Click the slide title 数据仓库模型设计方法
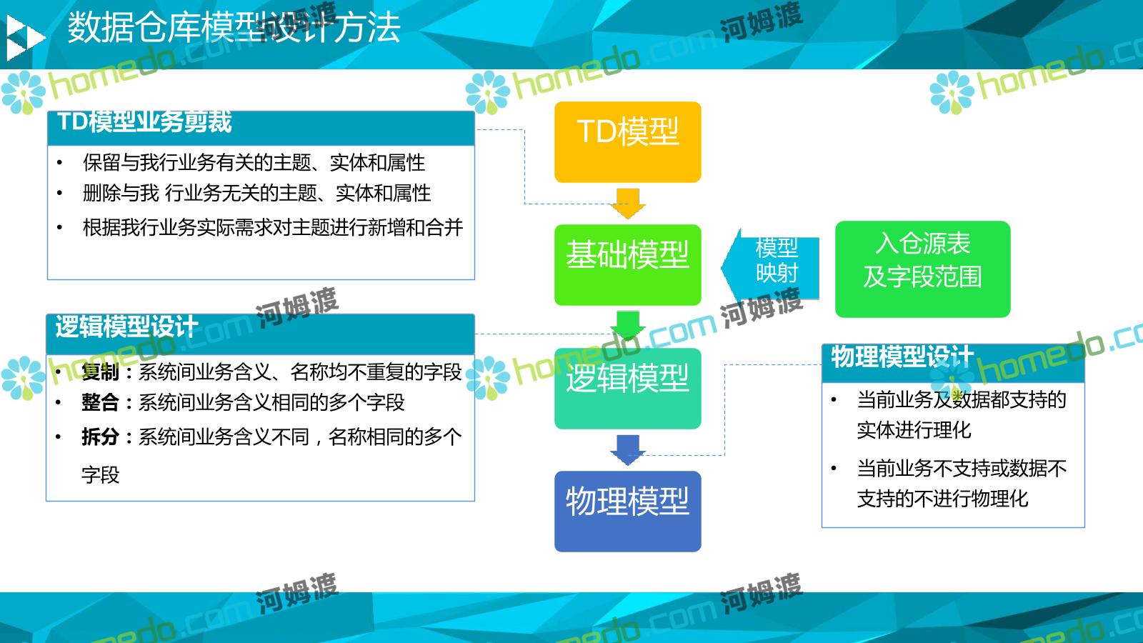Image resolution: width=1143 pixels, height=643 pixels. [234, 28]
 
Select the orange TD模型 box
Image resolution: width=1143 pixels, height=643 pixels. [628, 142]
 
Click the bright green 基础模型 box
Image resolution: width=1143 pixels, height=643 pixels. [628, 265]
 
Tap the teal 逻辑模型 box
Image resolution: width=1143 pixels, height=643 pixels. [628, 389]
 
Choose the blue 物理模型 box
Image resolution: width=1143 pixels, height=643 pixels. [628, 512]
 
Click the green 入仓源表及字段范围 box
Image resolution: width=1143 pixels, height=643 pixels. [922, 269]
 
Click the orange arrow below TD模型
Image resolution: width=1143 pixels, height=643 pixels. [628, 204]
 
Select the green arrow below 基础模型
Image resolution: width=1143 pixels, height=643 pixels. [628, 326]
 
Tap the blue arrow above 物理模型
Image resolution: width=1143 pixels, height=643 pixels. [628, 450]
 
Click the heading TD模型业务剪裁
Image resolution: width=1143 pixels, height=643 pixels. [144, 122]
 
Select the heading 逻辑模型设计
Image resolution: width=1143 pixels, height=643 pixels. [126, 327]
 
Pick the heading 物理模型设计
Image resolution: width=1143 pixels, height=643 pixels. [902, 357]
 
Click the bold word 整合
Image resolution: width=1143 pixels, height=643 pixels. [100, 402]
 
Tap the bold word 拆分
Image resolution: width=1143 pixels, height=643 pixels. [100, 437]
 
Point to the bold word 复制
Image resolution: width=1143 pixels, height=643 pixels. [100, 372]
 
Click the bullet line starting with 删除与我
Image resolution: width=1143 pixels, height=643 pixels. [256, 194]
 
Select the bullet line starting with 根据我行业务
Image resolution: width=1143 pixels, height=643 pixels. [273, 228]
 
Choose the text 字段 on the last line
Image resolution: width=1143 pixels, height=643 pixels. [101, 475]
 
